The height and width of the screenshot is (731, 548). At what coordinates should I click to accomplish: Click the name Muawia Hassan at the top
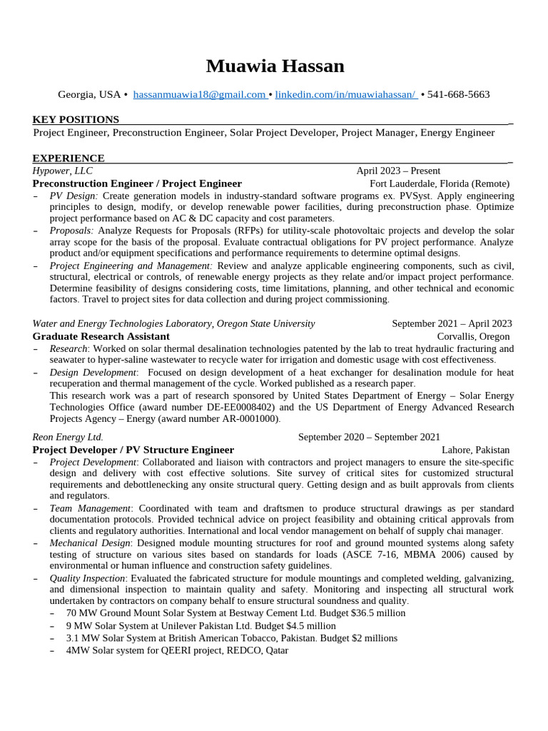[275, 66]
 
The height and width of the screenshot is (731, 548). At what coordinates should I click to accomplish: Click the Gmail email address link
[199, 94]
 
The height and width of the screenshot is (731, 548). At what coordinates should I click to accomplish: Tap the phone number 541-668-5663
[459, 94]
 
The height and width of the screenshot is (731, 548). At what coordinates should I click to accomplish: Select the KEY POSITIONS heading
[76, 119]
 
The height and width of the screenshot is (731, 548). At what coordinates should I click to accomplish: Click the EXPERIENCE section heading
[68, 158]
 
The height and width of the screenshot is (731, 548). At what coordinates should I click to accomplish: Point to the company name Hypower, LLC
[62, 171]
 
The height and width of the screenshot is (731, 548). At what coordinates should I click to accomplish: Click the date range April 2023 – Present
[398, 171]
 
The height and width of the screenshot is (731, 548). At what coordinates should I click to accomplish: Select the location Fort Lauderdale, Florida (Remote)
[440, 183]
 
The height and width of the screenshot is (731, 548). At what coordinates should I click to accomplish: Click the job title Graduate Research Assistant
[101, 336]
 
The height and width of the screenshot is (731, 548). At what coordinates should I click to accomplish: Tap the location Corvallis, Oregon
[473, 336]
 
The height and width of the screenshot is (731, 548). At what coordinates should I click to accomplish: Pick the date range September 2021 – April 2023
[452, 323]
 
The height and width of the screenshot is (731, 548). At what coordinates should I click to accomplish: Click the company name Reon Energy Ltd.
[68, 437]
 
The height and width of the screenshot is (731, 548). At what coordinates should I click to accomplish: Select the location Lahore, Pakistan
[475, 450]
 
